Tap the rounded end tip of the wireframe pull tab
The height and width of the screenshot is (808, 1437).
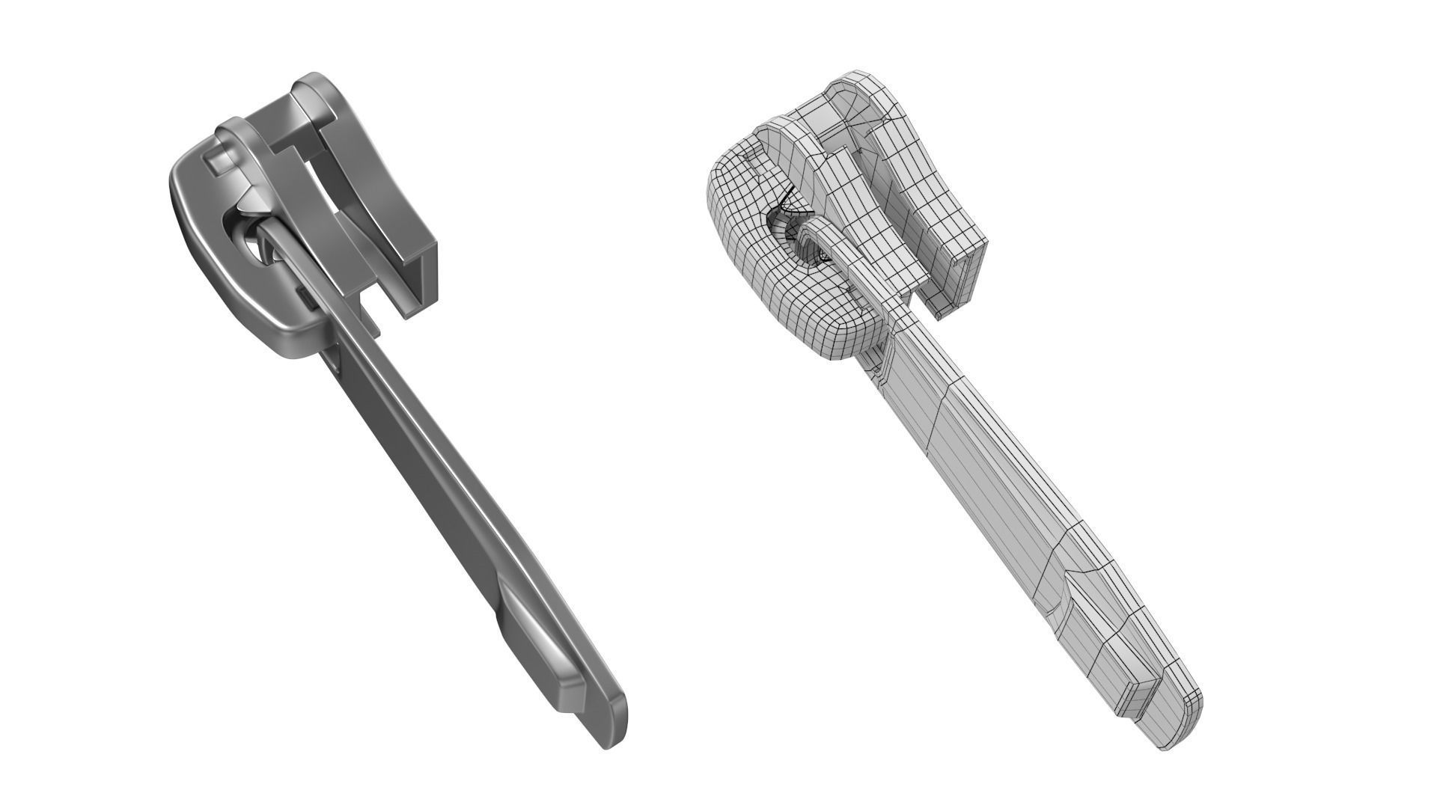(1183, 729)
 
